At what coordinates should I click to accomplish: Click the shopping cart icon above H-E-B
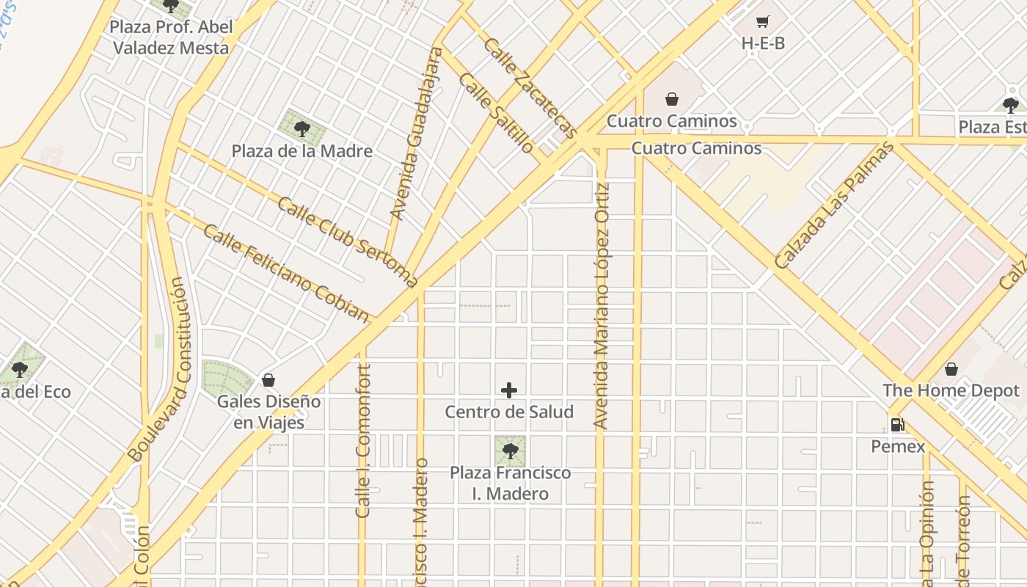(x=763, y=22)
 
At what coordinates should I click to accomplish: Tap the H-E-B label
(x=763, y=43)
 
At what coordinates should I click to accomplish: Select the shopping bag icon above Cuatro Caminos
(x=671, y=99)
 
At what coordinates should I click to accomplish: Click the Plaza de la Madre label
(x=302, y=151)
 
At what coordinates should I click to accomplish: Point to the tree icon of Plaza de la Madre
(x=301, y=130)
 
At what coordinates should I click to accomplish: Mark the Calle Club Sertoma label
(x=347, y=241)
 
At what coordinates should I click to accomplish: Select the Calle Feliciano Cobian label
(x=285, y=273)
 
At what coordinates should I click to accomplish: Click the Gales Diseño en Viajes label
(x=268, y=412)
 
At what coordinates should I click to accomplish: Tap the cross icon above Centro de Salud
(x=509, y=390)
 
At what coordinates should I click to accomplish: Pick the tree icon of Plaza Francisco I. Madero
(x=510, y=451)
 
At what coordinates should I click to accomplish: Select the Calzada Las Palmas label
(x=834, y=205)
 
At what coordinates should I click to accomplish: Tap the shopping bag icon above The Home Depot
(x=951, y=369)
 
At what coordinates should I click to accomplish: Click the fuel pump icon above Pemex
(x=897, y=424)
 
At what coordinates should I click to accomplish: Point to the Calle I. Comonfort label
(x=363, y=441)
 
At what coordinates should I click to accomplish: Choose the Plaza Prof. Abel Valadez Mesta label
(x=169, y=37)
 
